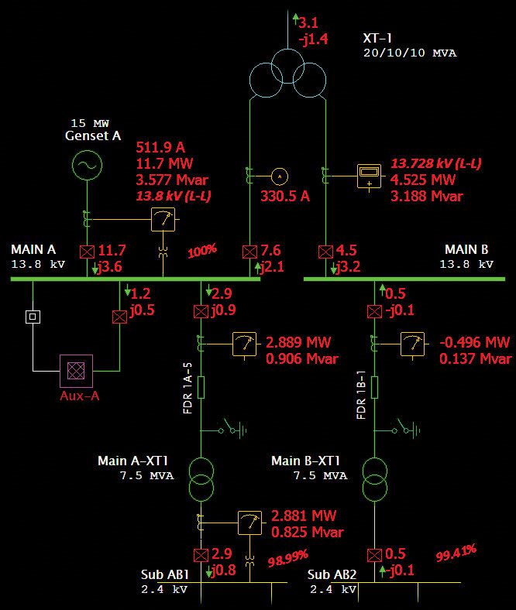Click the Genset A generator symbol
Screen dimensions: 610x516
[x=86, y=166]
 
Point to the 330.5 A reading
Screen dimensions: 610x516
[x=284, y=197]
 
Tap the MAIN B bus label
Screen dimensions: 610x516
[x=466, y=250]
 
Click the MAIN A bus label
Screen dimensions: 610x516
[x=33, y=250]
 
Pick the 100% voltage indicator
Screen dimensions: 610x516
[x=201, y=252]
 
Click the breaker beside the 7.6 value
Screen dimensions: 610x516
[x=249, y=252]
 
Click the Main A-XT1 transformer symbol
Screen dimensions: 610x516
[x=201, y=481]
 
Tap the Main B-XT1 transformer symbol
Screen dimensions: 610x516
[x=375, y=481]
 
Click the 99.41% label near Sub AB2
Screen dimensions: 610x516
[x=456, y=553]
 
